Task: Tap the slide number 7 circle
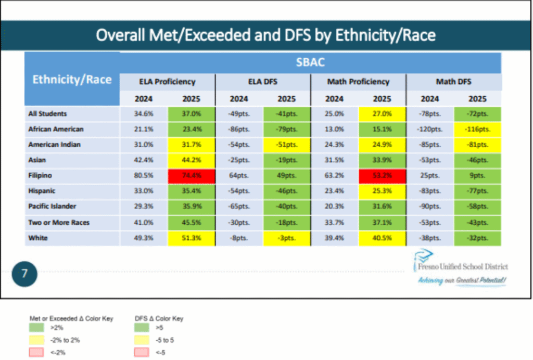(24, 274)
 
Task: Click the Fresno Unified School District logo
(461, 266)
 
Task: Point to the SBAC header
(310, 62)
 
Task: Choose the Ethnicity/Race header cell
(72, 80)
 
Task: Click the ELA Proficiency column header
(167, 82)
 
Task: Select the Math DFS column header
(453, 82)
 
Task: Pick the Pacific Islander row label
(54, 207)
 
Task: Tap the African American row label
(56, 129)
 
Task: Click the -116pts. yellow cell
(477, 129)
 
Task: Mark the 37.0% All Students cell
(191, 114)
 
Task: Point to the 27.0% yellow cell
(382, 114)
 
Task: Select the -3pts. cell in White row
(287, 238)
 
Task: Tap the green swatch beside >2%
(36, 328)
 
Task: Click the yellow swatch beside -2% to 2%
(36, 340)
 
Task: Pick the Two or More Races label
(59, 223)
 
